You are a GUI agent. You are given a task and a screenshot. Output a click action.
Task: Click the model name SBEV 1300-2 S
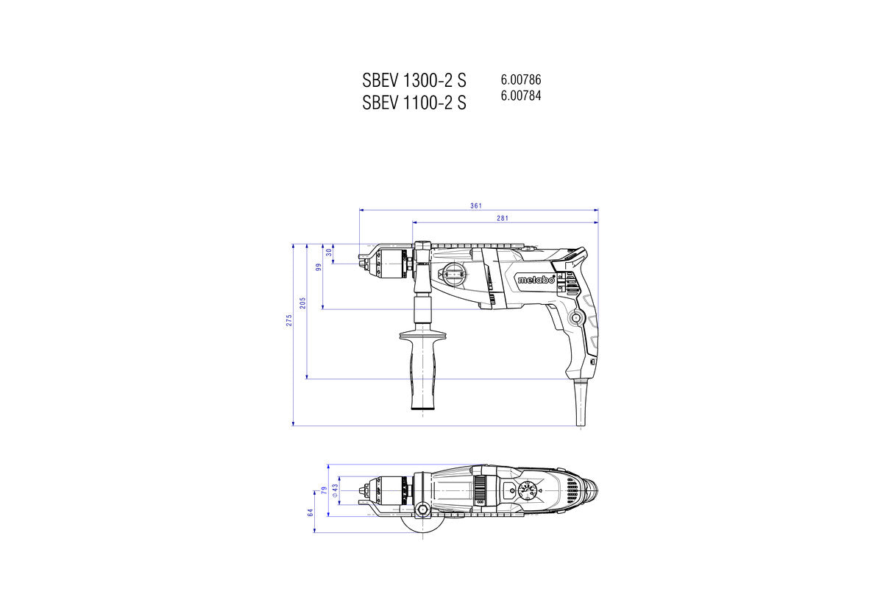(414, 80)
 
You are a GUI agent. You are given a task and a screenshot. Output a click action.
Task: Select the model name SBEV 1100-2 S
(414, 103)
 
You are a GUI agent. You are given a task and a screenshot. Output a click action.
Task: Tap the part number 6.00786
(521, 80)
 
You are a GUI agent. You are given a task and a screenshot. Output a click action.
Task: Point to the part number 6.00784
(521, 95)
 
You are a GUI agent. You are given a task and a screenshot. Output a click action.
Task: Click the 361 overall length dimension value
(476, 205)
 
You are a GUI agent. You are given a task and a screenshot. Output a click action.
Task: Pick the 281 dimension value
(503, 218)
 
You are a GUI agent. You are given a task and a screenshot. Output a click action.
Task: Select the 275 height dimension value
(290, 320)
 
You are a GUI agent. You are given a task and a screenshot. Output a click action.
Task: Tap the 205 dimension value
(302, 304)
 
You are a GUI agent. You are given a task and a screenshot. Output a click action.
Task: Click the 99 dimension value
(319, 267)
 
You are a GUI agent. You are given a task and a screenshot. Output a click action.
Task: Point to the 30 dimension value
(329, 253)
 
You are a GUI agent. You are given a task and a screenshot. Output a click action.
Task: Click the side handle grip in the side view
(423, 368)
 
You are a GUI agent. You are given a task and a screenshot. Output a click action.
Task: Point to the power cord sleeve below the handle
(580, 401)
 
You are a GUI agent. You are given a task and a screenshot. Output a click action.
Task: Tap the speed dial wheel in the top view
(527, 491)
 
